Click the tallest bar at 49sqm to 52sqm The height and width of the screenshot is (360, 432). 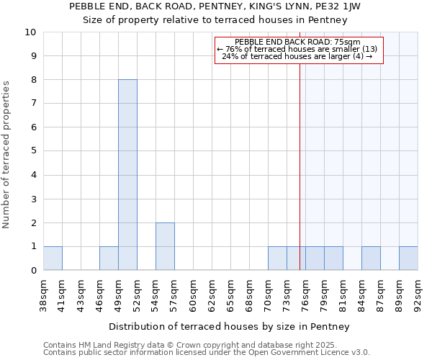point(127,175)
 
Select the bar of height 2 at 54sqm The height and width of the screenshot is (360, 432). point(165,246)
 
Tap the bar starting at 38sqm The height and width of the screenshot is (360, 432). point(53,258)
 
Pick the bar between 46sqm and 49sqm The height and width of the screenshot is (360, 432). point(109,258)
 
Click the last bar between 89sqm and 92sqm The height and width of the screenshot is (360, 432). point(408,258)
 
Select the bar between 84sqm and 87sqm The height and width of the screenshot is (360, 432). point(371,258)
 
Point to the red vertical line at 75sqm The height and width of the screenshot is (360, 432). point(300,180)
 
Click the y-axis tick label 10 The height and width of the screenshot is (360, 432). point(30,32)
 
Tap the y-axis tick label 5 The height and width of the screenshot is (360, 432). point(33,151)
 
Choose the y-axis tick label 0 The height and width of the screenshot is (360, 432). point(33,271)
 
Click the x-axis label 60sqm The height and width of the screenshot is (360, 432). point(193,293)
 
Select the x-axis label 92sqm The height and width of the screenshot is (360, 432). point(418,293)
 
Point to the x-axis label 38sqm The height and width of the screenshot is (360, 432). point(43,293)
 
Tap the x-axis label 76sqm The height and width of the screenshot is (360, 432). point(305,293)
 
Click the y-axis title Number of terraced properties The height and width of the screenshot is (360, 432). point(6,155)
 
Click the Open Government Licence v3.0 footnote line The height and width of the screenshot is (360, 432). point(207,353)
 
